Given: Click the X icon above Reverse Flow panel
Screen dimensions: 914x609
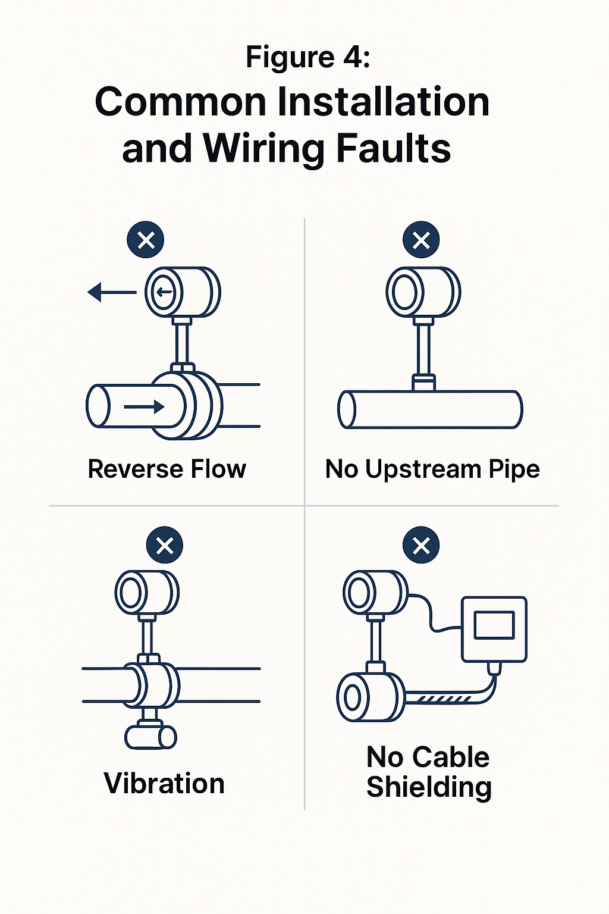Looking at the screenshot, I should (146, 240).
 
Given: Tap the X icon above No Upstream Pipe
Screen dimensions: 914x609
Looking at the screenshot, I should (421, 240).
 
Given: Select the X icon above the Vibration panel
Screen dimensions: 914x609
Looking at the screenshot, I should (165, 545).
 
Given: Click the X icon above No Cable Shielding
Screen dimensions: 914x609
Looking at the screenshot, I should (421, 545).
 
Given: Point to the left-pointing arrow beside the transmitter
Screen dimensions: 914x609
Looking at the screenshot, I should (112, 292).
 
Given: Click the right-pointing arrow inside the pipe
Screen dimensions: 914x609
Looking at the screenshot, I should (144, 407).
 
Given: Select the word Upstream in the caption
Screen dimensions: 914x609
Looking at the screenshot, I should (423, 469).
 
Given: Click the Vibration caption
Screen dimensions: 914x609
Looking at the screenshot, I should (164, 783).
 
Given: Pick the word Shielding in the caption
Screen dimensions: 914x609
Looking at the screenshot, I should (429, 787).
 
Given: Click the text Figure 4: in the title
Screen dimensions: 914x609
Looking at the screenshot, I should (308, 58).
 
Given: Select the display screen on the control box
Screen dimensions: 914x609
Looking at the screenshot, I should (494, 625).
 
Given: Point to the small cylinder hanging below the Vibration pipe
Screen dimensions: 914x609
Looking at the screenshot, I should (151, 737).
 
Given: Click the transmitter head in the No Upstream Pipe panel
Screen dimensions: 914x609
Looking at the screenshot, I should (423, 292).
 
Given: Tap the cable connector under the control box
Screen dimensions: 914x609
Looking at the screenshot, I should (494, 668).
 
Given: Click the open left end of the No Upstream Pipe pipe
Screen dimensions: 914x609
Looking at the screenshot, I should (347, 409).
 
